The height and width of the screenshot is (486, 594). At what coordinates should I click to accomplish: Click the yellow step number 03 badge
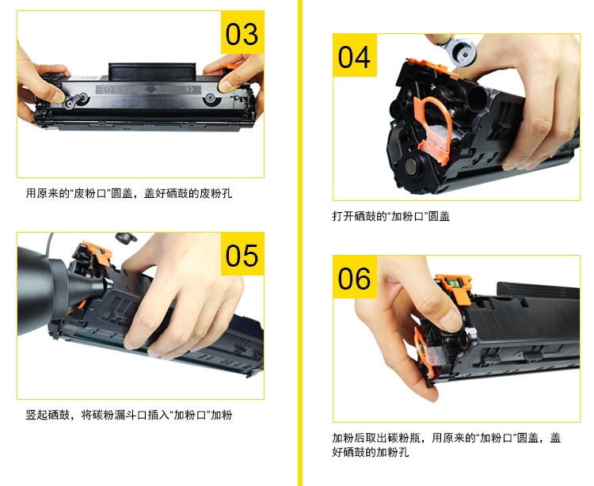click(x=241, y=34)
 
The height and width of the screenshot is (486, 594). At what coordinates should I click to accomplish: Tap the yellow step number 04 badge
click(x=354, y=56)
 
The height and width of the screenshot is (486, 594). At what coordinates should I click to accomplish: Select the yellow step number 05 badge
click(x=241, y=255)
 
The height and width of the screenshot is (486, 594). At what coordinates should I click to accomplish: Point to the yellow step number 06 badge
click(x=354, y=278)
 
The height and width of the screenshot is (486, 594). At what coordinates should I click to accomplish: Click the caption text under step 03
click(x=129, y=192)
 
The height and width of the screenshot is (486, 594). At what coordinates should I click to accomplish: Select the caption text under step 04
click(x=390, y=215)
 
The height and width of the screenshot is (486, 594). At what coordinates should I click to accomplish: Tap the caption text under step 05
click(x=129, y=414)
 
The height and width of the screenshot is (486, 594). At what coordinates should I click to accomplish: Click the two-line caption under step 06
click(x=446, y=445)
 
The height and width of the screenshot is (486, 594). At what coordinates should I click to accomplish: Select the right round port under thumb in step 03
click(x=211, y=99)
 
